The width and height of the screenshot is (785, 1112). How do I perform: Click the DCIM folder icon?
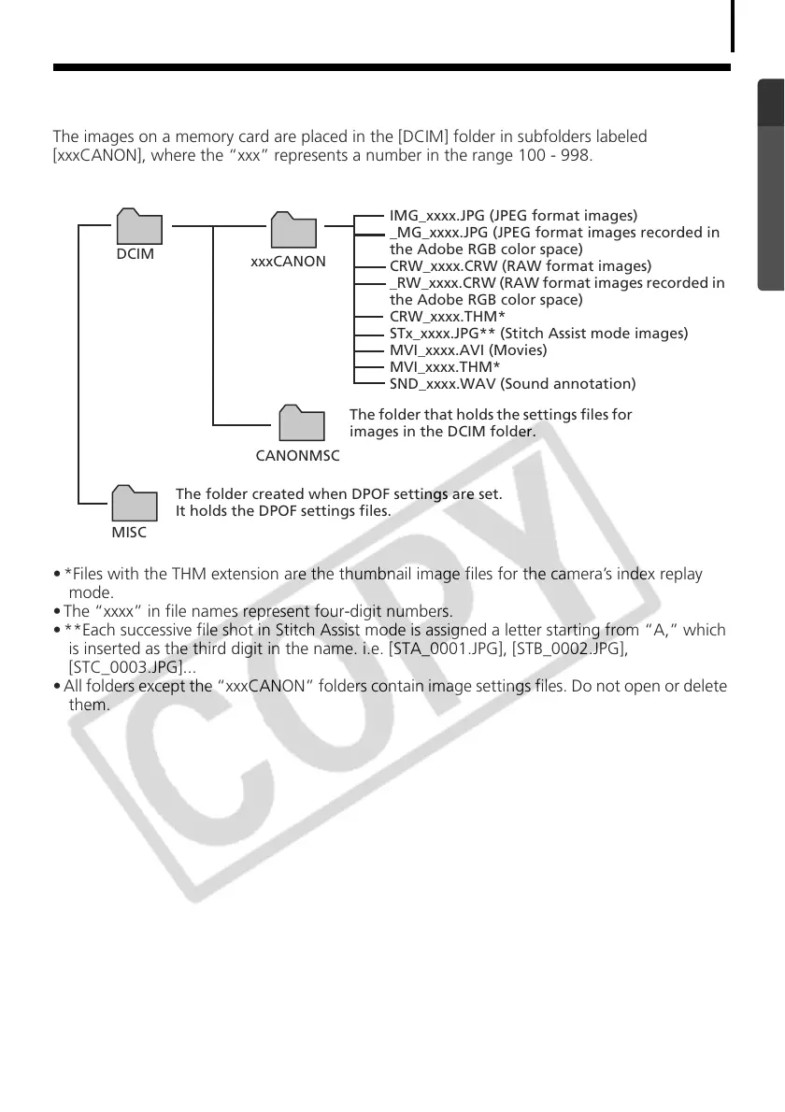coord(139,226)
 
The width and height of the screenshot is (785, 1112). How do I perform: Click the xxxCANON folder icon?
coord(293,230)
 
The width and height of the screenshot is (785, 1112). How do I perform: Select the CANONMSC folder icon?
coord(301,423)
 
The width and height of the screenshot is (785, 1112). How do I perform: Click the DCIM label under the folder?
coord(136,254)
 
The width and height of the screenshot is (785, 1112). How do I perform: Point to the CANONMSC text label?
coord(298,456)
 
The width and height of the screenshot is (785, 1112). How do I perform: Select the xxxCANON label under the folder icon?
coord(288,262)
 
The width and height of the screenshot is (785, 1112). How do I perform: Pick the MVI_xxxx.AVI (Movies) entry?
coord(468,350)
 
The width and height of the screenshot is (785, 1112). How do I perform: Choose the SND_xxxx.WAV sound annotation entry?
coord(512,384)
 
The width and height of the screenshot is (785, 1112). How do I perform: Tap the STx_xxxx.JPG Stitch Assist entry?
coord(538,334)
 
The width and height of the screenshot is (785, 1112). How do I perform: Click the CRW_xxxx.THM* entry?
coord(447,317)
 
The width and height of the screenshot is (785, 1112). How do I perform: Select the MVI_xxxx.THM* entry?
coord(444,367)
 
